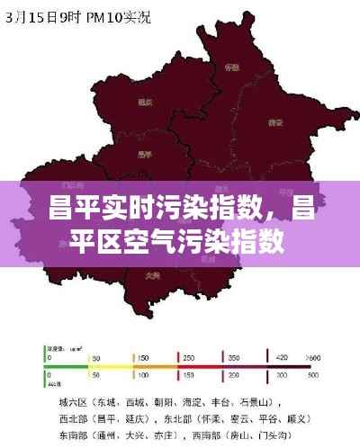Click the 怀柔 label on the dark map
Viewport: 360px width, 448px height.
tap(232, 67)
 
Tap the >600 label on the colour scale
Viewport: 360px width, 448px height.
tap(313, 356)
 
